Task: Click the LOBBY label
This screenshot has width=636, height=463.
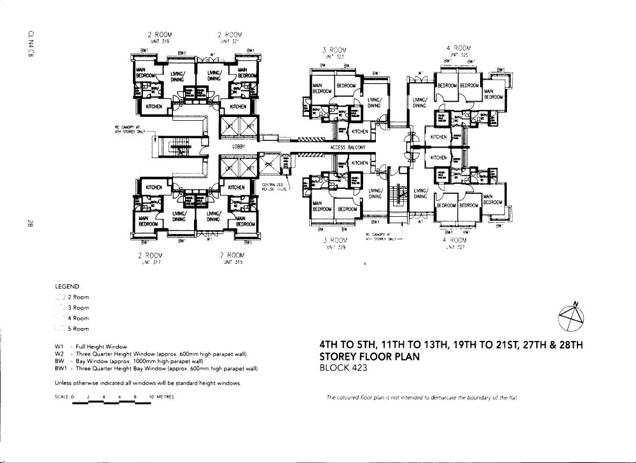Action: pyautogui.click(x=238, y=146)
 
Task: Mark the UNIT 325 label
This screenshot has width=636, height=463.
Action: pyautogui.click(x=459, y=55)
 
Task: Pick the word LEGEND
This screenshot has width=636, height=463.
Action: pyautogui.click(x=67, y=286)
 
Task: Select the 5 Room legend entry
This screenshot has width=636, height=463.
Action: pyautogui.click(x=78, y=329)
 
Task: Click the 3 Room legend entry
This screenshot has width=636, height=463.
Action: pyautogui.click(x=78, y=307)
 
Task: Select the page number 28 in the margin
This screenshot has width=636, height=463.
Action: pyautogui.click(x=30, y=223)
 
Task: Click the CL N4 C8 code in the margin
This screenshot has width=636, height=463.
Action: pyautogui.click(x=30, y=43)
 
